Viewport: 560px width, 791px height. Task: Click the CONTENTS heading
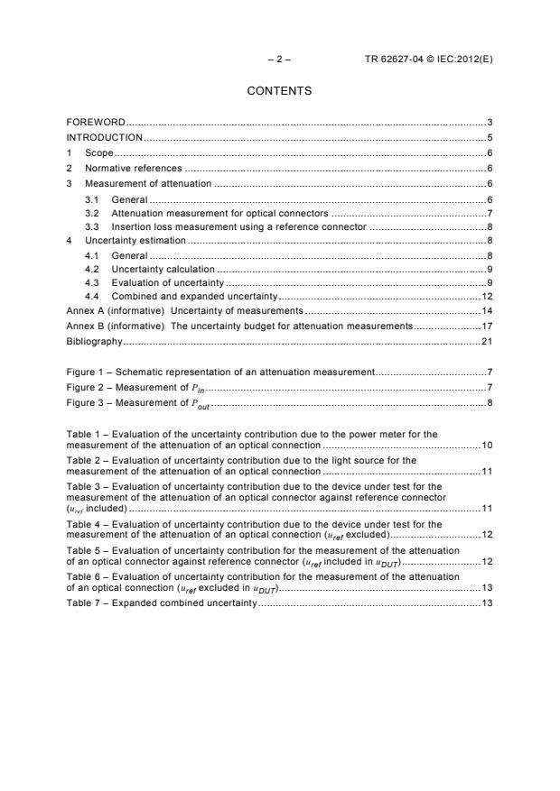tap(279, 91)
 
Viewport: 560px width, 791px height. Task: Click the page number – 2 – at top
tap(279, 59)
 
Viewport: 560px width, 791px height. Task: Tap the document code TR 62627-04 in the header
tap(394, 59)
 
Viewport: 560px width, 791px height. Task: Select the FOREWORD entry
tap(96, 122)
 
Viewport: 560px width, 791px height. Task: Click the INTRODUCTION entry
tap(105, 137)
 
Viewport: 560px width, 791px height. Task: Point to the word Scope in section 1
tap(98, 152)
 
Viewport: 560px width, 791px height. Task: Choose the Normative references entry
tap(133, 168)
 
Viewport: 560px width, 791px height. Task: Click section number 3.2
tap(91, 213)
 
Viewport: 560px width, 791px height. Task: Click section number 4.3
tap(91, 282)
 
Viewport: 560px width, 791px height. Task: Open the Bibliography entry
tap(94, 342)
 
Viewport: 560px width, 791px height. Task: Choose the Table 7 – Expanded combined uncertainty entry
tap(162, 602)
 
